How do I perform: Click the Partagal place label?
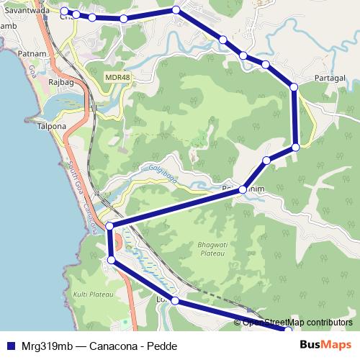330,78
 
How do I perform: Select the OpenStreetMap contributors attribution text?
298,323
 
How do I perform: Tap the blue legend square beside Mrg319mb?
10,346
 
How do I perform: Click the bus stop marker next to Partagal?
294,87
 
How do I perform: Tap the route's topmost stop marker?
176,9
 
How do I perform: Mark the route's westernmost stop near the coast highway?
109,227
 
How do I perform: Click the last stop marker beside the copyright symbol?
289,330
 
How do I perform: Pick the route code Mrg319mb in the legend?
43,346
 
